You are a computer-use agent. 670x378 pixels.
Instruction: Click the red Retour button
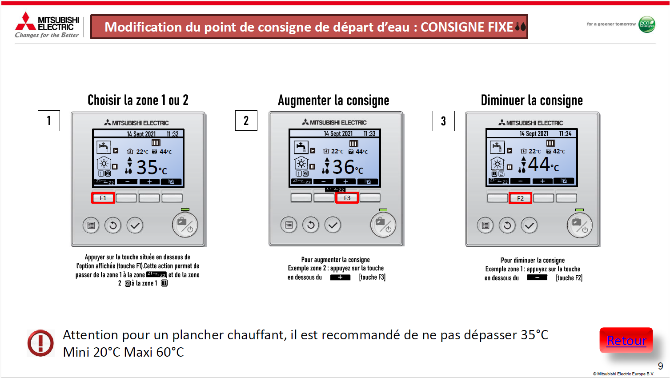click(626, 340)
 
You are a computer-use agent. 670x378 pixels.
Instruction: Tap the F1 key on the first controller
click(103, 198)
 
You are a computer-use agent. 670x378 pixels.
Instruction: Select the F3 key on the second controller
click(347, 198)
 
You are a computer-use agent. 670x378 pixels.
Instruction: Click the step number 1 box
click(49, 121)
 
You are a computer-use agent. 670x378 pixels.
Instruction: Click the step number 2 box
click(246, 121)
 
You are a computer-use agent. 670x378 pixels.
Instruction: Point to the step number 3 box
click(444, 121)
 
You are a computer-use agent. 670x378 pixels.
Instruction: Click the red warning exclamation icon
click(40, 343)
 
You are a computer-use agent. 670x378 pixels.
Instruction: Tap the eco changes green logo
click(647, 24)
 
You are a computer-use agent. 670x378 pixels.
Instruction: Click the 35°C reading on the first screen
click(152, 168)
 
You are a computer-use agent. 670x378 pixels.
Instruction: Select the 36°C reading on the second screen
click(348, 167)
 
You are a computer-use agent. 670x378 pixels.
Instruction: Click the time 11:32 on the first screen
click(173, 134)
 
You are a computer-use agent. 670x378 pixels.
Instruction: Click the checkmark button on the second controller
click(333, 225)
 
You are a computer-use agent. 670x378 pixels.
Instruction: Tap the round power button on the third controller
click(580, 225)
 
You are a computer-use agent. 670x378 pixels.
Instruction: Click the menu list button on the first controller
click(91, 225)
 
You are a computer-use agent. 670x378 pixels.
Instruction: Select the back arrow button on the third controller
click(507, 225)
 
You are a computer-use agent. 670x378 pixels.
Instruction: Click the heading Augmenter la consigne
click(333, 100)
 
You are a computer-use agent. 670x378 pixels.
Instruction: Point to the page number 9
click(660, 366)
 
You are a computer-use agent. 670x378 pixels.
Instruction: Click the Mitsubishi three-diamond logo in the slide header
click(25, 21)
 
